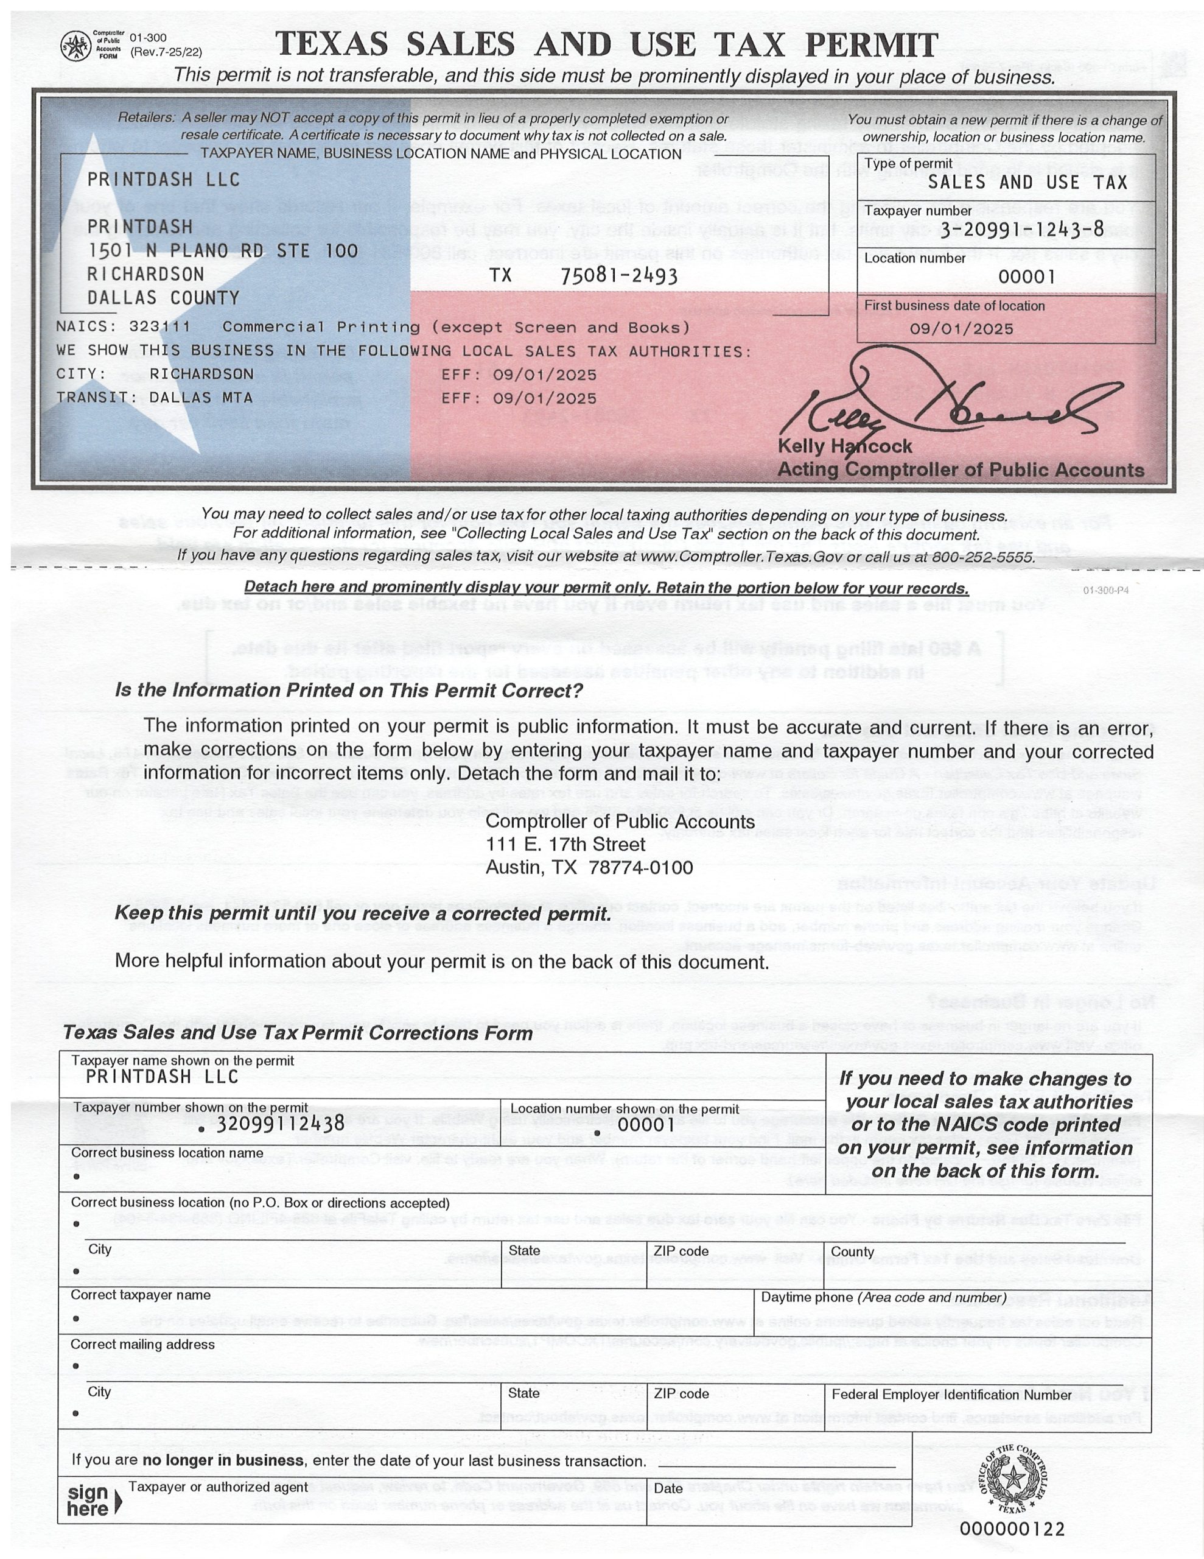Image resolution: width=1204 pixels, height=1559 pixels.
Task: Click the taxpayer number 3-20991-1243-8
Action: point(1021,228)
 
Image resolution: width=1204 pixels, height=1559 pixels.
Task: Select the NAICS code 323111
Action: point(160,327)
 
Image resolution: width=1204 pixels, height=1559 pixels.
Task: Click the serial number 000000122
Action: point(1011,1529)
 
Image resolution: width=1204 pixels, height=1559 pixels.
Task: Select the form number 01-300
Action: point(148,37)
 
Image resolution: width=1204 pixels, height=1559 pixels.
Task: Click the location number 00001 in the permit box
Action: point(1026,277)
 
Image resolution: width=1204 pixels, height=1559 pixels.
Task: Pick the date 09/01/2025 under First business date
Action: point(961,328)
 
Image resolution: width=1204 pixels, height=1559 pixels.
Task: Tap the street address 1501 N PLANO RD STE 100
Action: point(222,250)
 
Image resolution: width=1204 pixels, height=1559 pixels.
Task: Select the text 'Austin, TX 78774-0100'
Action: point(589,867)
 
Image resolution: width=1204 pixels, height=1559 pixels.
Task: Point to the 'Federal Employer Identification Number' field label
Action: point(951,1394)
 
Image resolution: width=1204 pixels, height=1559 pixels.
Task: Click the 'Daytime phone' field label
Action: point(883,1297)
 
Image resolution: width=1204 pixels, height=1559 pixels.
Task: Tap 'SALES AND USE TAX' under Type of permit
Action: point(1027,182)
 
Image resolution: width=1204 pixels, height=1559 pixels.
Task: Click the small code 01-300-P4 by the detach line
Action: point(1105,590)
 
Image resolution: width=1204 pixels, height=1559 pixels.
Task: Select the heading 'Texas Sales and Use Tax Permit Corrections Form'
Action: point(298,1033)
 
